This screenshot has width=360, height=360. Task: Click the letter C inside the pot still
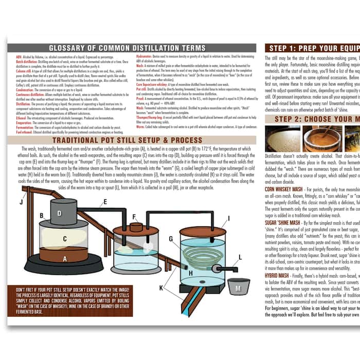63,238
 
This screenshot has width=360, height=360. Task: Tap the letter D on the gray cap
60,212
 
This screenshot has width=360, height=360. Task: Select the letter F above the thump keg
134,217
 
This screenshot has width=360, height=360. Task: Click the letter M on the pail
238,289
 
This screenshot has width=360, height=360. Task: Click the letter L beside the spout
240,257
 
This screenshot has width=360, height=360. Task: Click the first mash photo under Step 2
282,138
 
